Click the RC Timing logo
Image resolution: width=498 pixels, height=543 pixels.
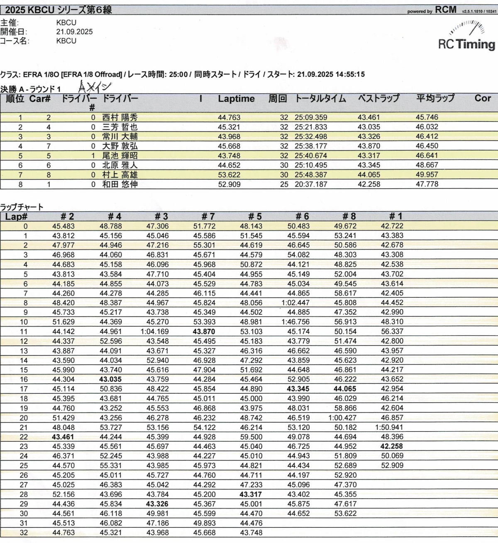click(x=466, y=37)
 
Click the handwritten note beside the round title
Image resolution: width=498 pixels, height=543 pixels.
click(x=95, y=87)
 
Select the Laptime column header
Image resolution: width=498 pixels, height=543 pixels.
click(x=236, y=99)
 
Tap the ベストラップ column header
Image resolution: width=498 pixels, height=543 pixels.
click(x=378, y=99)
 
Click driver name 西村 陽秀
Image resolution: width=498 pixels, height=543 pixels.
click(x=120, y=117)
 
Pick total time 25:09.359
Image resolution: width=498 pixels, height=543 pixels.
click(x=311, y=117)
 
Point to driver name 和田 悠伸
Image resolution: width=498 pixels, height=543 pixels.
click(x=120, y=184)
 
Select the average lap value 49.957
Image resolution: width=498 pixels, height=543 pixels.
click(x=427, y=175)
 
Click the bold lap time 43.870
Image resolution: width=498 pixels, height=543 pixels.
click(x=204, y=332)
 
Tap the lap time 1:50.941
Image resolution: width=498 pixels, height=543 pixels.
click(x=392, y=427)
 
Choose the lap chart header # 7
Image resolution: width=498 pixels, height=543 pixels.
click(x=208, y=216)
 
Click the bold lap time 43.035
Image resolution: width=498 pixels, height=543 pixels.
click(x=111, y=379)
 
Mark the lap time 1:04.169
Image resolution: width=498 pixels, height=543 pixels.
click(x=155, y=332)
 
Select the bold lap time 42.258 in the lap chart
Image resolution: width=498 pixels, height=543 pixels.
click(x=392, y=446)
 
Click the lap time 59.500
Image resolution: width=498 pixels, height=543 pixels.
click(x=251, y=437)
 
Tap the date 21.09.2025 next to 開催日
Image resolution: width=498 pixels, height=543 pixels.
click(x=75, y=32)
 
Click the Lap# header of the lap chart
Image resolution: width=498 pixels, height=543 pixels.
click(x=16, y=216)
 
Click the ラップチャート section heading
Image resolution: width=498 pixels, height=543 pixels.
click(x=22, y=207)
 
